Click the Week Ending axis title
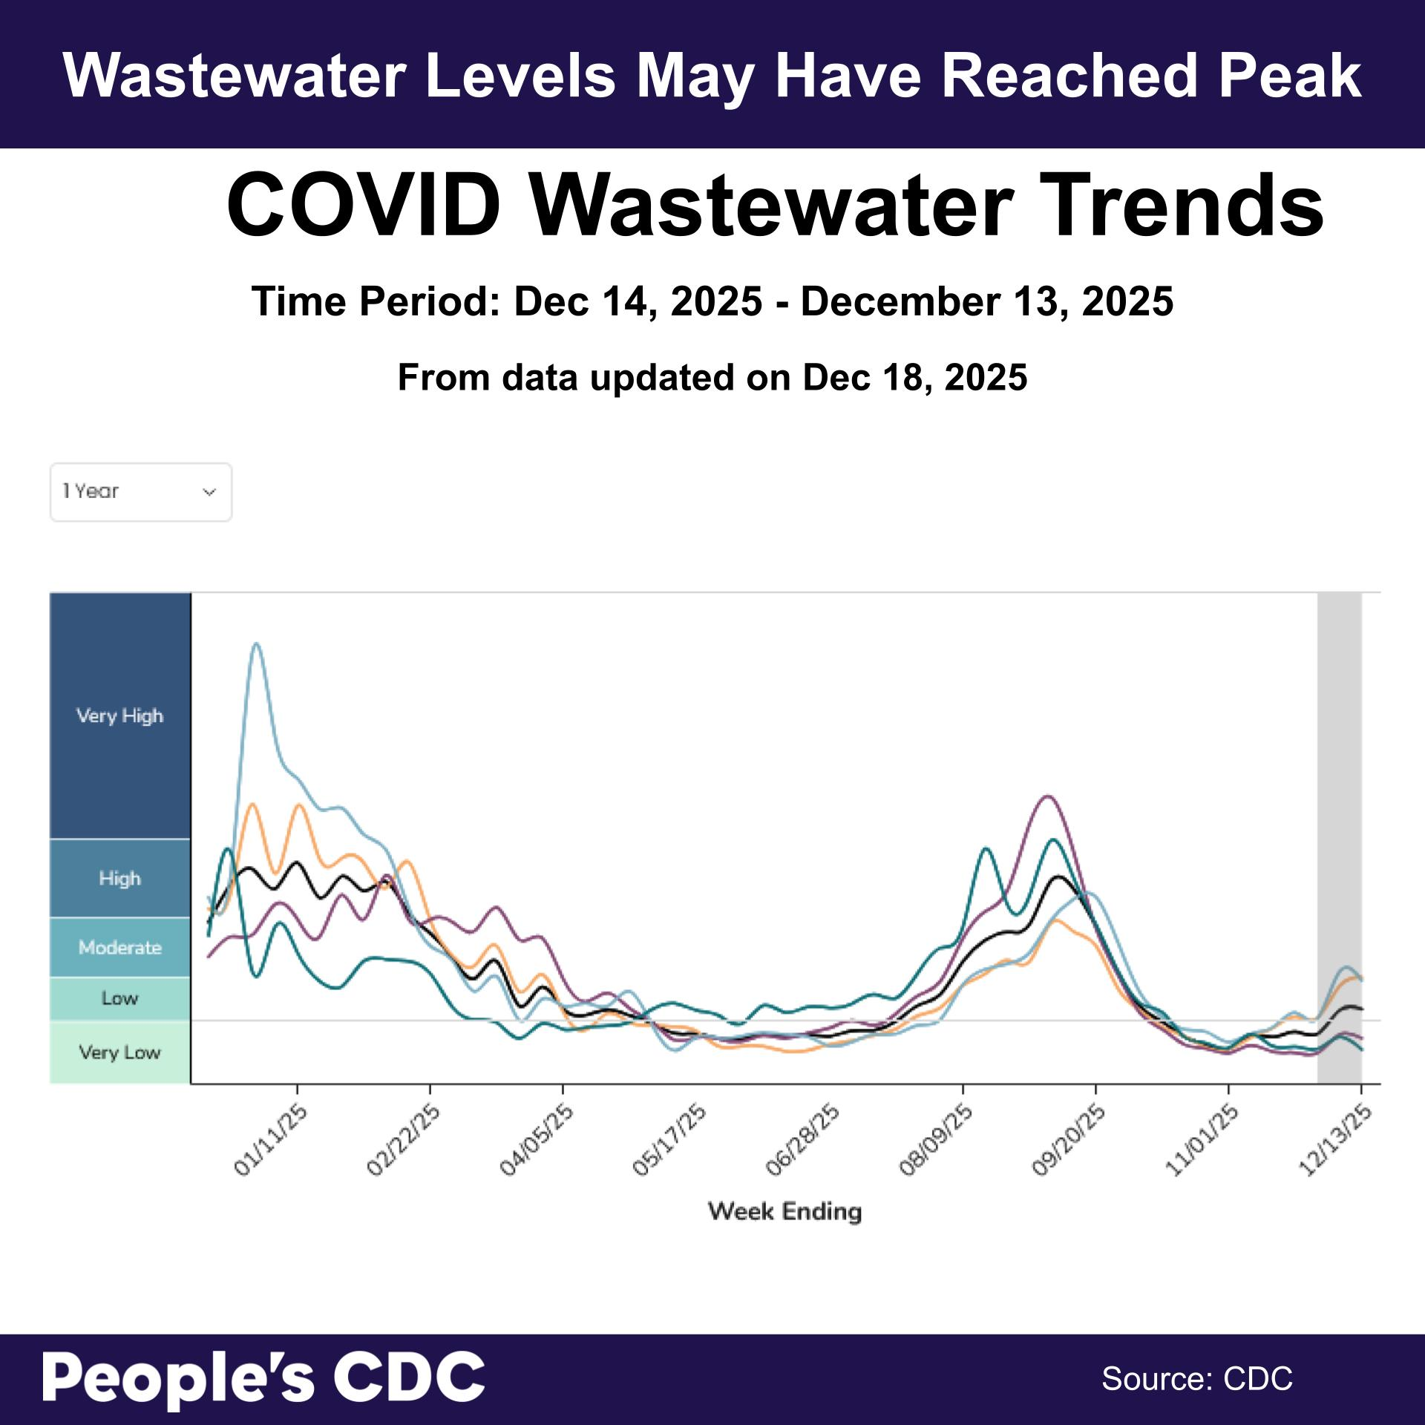point(785,1211)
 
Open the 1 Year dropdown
point(141,492)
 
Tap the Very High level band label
point(119,716)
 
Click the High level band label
point(119,879)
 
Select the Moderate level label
point(119,948)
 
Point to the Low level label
point(119,999)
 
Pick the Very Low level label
point(119,1052)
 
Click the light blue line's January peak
point(256,644)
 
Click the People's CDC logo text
point(263,1377)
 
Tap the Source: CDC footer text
point(1196,1379)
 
